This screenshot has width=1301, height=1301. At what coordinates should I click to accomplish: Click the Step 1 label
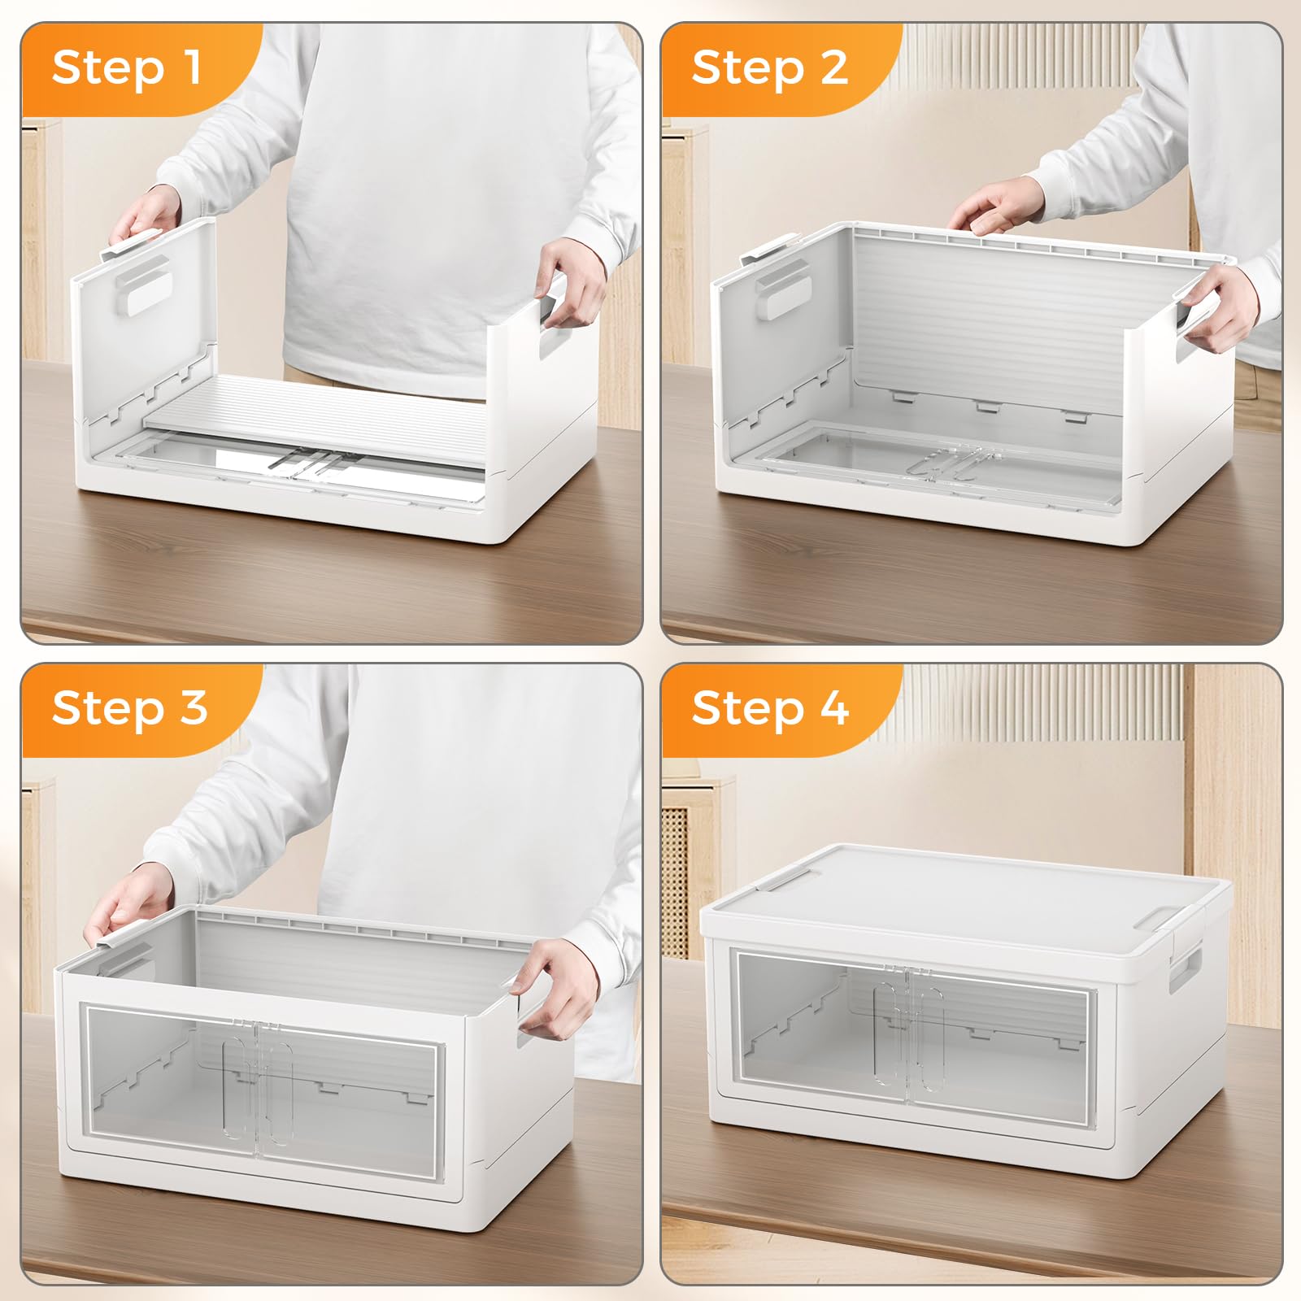127,67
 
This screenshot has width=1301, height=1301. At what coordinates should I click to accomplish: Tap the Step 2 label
769,67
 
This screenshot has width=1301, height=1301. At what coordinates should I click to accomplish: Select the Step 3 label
129,707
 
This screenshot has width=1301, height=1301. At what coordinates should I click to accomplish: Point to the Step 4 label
770,707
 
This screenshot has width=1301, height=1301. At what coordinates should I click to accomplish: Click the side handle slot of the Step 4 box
1186,967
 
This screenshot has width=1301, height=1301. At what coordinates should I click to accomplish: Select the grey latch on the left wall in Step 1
142,285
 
